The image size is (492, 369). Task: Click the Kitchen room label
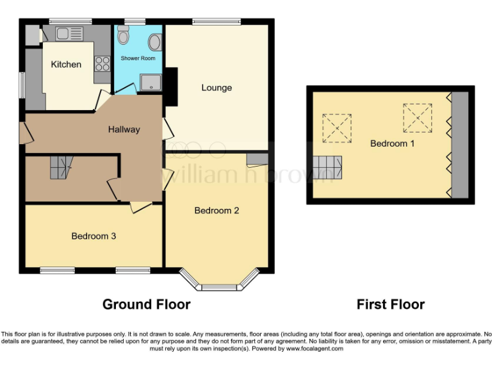[x=66, y=64]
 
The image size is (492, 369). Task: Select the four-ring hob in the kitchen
[x=102, y=63]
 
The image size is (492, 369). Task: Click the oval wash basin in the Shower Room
[x=154, y=42]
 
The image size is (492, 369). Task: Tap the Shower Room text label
[x=138, y=58]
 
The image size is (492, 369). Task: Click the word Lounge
[x=217, y=87]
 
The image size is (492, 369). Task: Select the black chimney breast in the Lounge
[x=171, y=86]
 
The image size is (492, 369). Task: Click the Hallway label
[x=124, y=129]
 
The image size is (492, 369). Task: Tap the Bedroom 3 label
[x=94, y=236]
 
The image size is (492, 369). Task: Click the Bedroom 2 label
[x=217, y=210]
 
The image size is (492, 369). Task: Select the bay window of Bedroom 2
[x=219, y=278]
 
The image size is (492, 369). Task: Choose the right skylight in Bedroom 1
[x=418, y=117]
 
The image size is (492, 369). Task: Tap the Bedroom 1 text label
[x=392, y=143]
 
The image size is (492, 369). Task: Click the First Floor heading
[x=390, y=304]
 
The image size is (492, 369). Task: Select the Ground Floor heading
[x=146, y=304]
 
